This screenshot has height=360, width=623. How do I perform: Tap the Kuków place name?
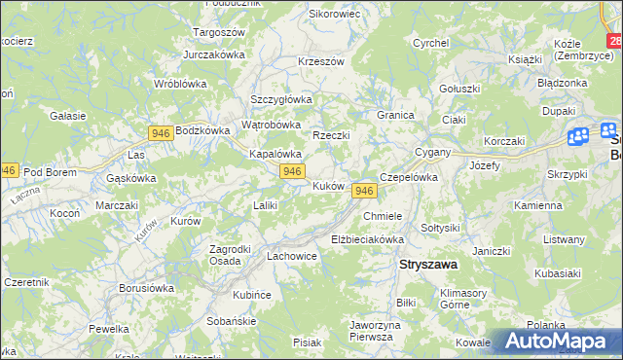[328, 185]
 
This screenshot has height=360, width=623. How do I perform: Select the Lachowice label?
[292, 257]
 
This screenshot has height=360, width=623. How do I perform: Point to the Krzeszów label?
[321, 61]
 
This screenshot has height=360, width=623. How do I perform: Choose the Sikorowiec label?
[334, 15]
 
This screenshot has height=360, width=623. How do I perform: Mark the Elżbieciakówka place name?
[367, 238]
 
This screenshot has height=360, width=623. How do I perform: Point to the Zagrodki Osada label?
[232, 254]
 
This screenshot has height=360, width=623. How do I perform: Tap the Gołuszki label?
[459, 89]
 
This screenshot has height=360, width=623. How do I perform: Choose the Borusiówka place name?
[146, 288]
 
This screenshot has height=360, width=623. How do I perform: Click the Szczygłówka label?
[280, 99]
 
